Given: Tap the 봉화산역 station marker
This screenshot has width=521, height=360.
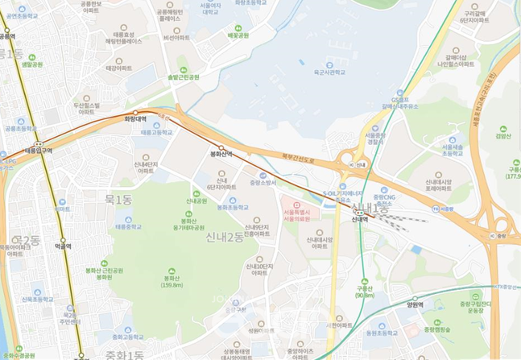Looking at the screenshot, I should click(221, 148).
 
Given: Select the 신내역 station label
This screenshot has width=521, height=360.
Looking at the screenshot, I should click(359, 218).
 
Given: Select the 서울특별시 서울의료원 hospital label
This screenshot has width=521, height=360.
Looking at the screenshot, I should click(298, 216).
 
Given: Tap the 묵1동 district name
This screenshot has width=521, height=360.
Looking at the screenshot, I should click(118, 199).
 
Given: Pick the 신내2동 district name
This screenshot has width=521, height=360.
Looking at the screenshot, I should click(225, 237).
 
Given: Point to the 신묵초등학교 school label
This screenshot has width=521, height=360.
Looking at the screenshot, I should click(37, 297).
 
